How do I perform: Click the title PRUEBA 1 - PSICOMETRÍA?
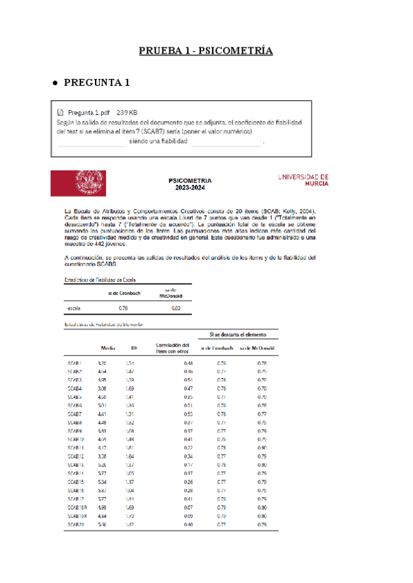206,52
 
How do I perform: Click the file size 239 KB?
127,112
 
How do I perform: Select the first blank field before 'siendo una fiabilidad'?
92,141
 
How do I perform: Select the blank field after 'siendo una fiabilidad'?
226,141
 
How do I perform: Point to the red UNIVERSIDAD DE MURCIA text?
303,180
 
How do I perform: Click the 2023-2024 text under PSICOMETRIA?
189,190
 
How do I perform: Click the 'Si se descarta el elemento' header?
238,335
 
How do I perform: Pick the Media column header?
108,349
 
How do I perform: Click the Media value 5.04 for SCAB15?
102,482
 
